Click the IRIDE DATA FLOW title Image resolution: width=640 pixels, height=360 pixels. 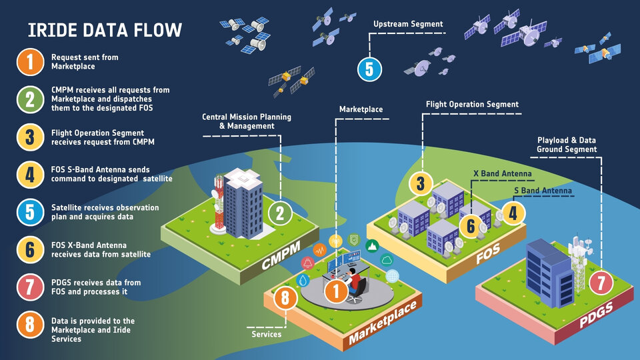coord(105,30)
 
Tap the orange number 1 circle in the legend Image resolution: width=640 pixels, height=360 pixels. coord(29,62)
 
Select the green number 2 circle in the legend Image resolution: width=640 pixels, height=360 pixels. coord(29,99)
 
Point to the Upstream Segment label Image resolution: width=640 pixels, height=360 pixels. coord(408,25)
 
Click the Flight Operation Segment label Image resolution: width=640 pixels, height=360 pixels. coord(472,104)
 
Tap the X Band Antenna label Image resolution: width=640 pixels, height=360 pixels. coord(502,174)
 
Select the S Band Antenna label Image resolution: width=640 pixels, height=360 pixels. coord(543,191)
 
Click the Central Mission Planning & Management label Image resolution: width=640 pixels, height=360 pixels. coord(247,121)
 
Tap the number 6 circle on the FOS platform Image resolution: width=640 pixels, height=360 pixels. coord(471,226)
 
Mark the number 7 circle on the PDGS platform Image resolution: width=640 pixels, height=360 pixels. coord(601,283)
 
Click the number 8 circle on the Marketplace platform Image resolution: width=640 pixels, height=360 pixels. coord(285,298)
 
